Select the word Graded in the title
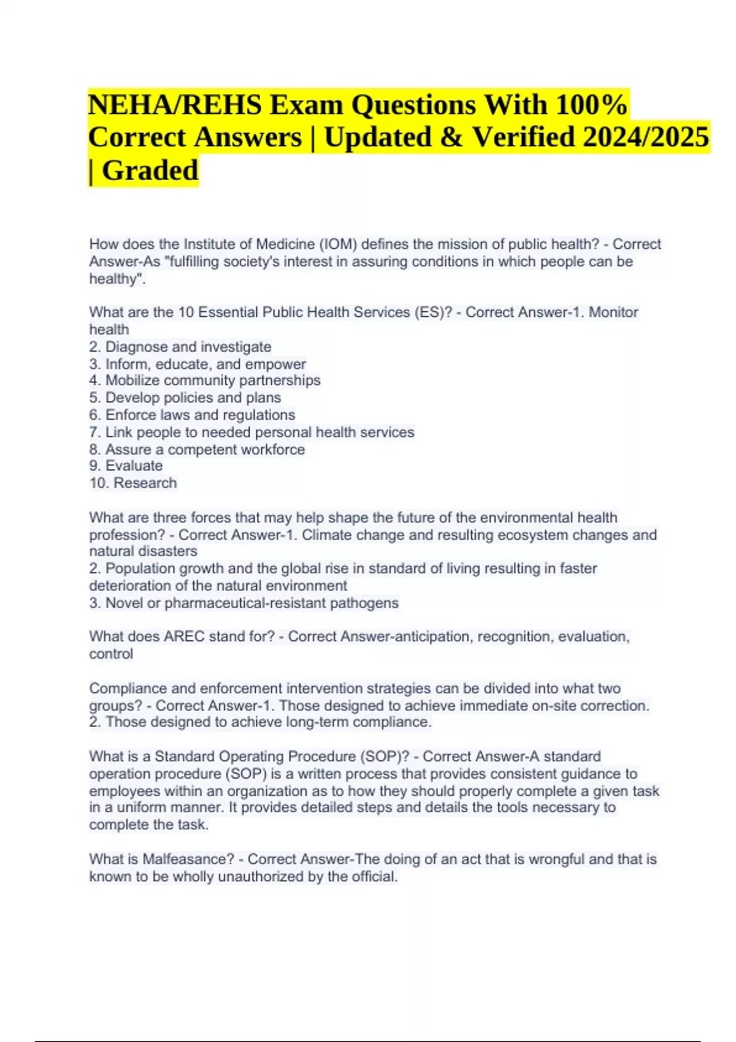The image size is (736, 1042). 150,170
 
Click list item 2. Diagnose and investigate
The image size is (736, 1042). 180,347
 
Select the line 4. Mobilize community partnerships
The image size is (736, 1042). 205,381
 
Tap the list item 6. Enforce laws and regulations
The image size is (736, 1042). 192,415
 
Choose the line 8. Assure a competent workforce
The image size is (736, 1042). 197,449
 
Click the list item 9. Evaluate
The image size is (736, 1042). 126,466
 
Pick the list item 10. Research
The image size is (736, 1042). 133,483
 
